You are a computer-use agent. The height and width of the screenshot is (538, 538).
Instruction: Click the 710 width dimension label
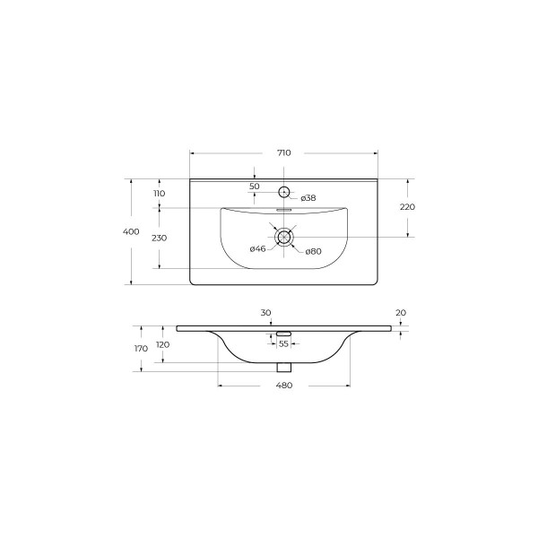coord(283,153)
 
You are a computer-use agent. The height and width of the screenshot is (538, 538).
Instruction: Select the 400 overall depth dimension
coord(131,231)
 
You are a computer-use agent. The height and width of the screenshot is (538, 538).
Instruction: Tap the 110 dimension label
coord(159,194)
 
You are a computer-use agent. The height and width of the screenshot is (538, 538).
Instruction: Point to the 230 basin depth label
coord(159,238)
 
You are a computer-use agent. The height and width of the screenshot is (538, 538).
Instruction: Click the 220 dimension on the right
coord(408,206)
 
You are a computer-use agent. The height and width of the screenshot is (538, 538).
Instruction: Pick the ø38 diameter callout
coord(308,197)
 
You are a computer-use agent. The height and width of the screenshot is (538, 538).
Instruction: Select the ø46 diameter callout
coord(257,248)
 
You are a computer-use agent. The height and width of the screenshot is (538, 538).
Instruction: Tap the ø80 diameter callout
coord(313,251)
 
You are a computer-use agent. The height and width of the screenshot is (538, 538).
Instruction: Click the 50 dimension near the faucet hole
coord(255,186)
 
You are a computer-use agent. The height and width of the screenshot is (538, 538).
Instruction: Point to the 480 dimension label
coord(283,385)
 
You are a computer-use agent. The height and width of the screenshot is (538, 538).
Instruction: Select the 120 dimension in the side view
coord(162,344)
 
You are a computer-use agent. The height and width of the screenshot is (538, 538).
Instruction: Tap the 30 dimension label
coord(265,312)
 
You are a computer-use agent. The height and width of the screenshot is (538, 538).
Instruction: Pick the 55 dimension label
coord(283,343)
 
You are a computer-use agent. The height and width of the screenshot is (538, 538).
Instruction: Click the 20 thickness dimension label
coord(400,312)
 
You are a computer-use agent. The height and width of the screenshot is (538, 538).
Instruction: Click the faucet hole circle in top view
coord(284,191)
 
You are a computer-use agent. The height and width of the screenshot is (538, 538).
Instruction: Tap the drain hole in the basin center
coord(284,238)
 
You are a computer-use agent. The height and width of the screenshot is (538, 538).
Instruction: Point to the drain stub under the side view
coord(284,367)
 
